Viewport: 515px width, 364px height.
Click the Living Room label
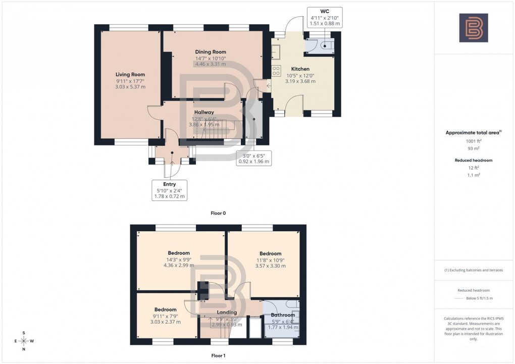coord(130,75)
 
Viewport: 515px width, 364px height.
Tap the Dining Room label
coord(211,52)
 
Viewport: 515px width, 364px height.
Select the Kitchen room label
coord(300,69)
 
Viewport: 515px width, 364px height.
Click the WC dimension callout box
coord(325,17)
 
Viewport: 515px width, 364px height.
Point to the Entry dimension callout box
coord(169,190)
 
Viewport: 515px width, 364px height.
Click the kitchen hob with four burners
coord(276,71)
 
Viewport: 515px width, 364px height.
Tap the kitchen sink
coord(276,50)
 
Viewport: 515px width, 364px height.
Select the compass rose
coord(24,341)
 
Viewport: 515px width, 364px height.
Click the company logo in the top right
coord(473,28)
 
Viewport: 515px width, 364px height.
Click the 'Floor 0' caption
coord(218,213)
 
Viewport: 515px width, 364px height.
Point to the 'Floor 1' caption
coord(218,355)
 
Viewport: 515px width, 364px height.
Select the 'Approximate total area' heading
coord(473,133)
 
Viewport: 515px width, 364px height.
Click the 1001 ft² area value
coord(473,141)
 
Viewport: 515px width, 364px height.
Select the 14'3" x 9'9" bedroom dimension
coord(179,259)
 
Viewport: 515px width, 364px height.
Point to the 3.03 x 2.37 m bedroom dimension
coord(165,322)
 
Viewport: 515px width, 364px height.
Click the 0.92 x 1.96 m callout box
coord(253,159)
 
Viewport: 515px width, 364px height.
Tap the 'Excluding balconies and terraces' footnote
coord(473,270)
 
